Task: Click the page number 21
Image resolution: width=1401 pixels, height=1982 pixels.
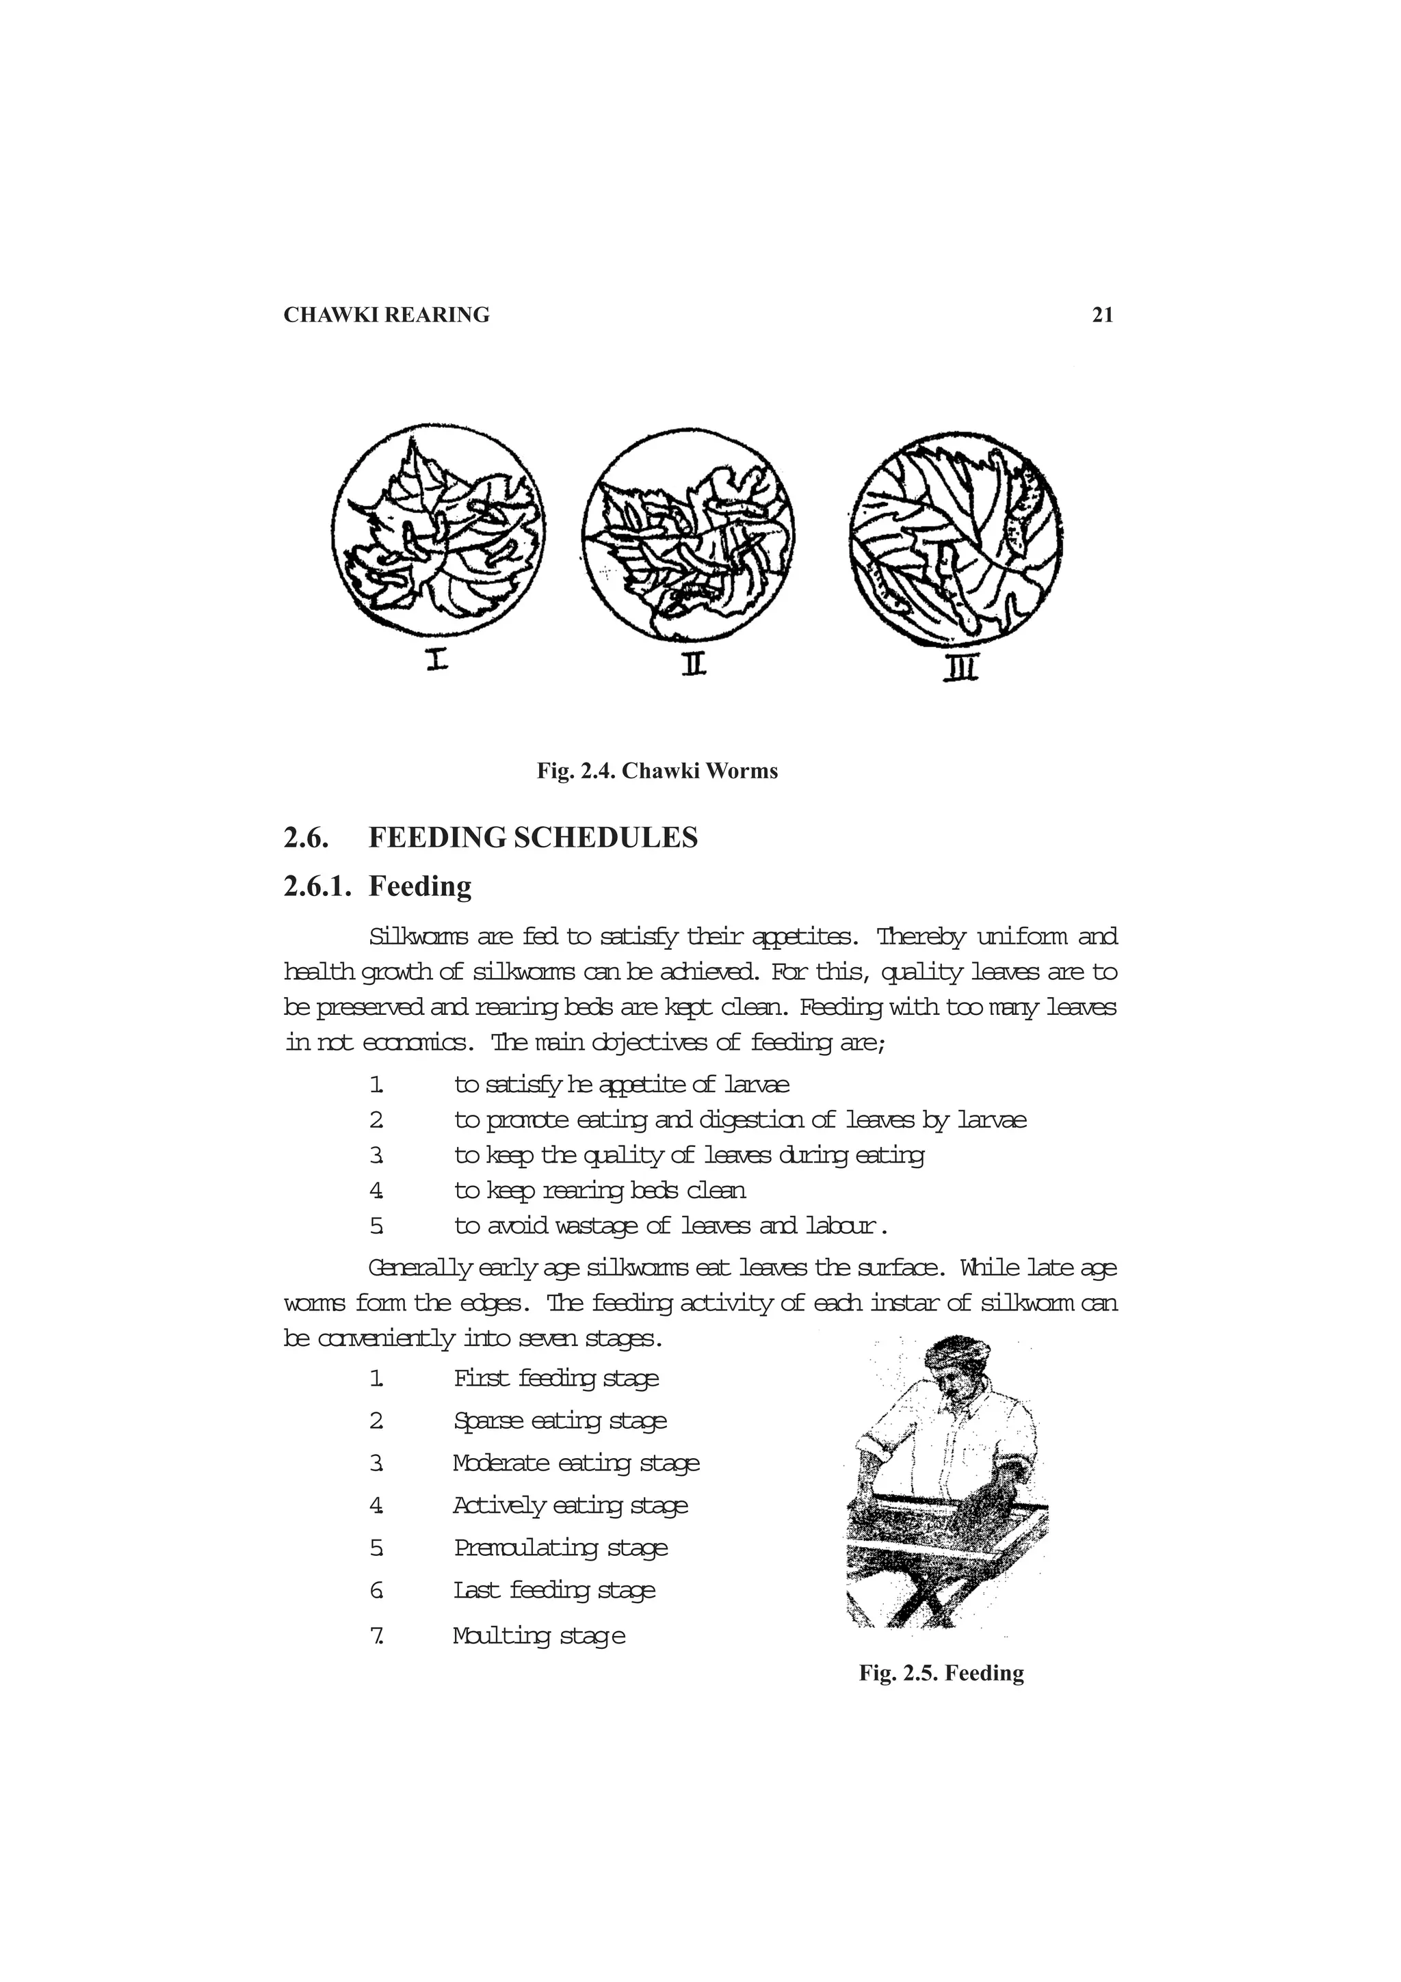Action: [1102, 315]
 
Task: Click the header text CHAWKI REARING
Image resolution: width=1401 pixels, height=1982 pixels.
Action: [386, 315]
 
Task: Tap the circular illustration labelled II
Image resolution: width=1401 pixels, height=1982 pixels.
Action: [688, 534]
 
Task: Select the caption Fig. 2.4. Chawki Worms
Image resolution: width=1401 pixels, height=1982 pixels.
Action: [657, 771]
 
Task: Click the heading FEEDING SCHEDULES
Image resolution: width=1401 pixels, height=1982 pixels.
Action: [533, 837]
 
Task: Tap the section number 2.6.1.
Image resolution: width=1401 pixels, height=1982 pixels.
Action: [317, 886]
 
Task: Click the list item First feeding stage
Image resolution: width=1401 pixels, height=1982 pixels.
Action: [556, 1377]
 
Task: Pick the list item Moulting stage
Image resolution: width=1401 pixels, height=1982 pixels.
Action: [538, 1635]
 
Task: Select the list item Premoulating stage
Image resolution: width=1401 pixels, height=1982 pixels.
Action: [561, 1547]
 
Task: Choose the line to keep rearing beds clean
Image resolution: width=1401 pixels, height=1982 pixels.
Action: [600, 1191]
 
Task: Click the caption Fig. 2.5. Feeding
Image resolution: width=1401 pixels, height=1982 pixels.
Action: [941, 1673]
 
